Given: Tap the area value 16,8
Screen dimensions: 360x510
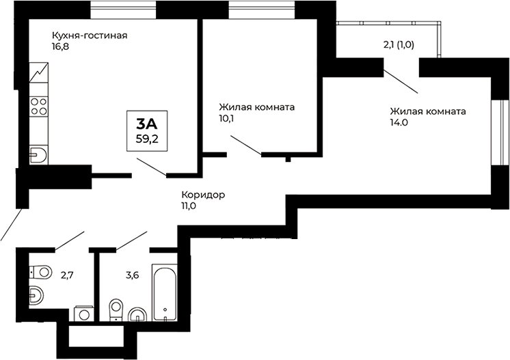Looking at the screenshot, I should click(x=61, y=48).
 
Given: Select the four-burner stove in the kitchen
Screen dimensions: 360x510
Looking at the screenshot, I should click(x=39, y=107).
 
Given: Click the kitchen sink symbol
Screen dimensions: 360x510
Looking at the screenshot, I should click(x=38, y=154).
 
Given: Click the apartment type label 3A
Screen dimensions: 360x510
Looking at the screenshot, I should click(x=147, y=124).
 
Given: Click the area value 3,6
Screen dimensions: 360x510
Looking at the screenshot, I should click(x=132, y=275).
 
